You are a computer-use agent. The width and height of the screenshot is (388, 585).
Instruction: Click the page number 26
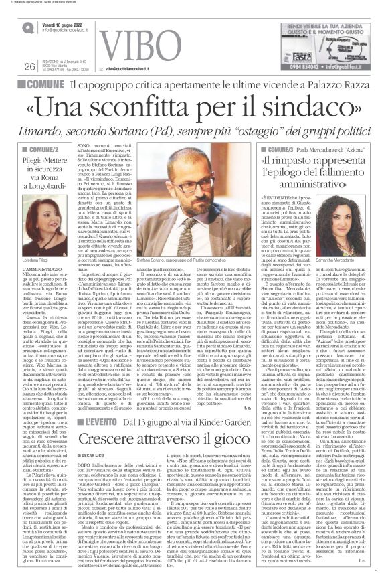pos(29,66)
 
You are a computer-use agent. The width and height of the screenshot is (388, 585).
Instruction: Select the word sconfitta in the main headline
pos(161,109)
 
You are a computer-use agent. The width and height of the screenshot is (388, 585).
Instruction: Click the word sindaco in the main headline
pos(311,109)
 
